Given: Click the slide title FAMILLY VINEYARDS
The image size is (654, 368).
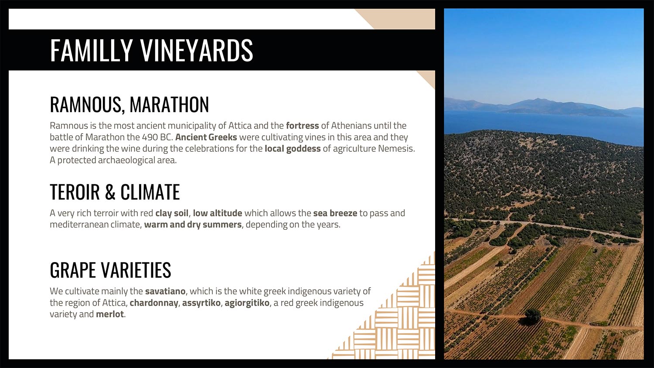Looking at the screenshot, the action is click(x=152, y=50).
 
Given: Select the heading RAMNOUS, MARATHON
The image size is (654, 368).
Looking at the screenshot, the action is click(x=129, y=104).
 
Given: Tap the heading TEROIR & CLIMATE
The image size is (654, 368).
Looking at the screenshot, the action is click(x=115, y=192).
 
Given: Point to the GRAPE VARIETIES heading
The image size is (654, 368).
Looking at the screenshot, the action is click(x=110, y=270).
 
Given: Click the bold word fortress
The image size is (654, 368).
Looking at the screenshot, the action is click(x=302, y=126).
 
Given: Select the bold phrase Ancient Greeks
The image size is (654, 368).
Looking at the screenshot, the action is click(x=206, y=137).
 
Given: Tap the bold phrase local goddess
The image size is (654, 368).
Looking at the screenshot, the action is click(x=293, y=149).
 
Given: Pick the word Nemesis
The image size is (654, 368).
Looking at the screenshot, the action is click(x=396, y=149).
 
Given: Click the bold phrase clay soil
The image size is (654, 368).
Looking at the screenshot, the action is click(x=172, y=213).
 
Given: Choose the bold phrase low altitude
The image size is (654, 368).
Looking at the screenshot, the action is click(x=218, y=213).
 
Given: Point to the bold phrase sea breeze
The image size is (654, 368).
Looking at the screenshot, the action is click(x=335, y=213).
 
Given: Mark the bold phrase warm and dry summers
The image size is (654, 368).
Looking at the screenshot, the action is click(x=193, y=225).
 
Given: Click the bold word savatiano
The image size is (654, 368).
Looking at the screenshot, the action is click(x=165, y=291).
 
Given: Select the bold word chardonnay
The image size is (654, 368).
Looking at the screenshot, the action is click(x=154, y=303).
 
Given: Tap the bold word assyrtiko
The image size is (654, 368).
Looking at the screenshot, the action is click(x=201, y=303).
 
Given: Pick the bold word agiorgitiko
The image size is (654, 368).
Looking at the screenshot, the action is click(x=247, y=303).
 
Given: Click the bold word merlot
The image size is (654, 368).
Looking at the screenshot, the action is click(x=110, y=314).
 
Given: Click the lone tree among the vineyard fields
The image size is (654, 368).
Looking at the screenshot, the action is click(x=532, y=315).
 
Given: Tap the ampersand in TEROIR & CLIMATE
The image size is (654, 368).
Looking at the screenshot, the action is click(x=110, y=192).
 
